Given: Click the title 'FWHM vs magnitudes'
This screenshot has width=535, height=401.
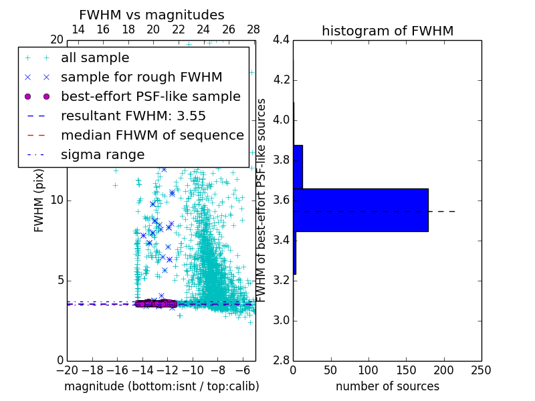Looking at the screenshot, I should (152, 15).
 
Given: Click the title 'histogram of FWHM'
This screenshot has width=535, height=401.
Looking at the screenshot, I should (387, 31).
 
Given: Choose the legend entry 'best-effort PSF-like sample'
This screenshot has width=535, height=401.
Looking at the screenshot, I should (150, 97).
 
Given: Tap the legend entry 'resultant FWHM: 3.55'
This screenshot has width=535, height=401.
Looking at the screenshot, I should (133, 116).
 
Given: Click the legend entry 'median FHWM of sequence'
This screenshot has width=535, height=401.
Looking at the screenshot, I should (152, 135).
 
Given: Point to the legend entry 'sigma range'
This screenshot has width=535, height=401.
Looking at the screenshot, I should (102, 154).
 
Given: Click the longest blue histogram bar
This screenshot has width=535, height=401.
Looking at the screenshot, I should (360, 210).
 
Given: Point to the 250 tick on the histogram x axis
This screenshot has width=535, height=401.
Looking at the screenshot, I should (481, 370).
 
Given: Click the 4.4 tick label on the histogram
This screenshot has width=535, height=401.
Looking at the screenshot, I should (281, 40).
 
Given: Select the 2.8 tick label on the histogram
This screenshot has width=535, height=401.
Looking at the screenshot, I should (281, 360).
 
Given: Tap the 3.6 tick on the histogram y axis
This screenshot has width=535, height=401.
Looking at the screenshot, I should (281, 200).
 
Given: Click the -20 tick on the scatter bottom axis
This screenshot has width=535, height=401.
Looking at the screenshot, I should (67, 370).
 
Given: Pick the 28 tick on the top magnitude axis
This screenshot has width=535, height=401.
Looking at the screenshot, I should (253, 29).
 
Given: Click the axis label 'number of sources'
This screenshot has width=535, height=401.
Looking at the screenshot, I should (387, 386).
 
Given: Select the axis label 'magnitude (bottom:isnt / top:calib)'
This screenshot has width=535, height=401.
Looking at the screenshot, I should (161, 386).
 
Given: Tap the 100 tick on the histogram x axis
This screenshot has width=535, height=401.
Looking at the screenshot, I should (368, 370).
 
